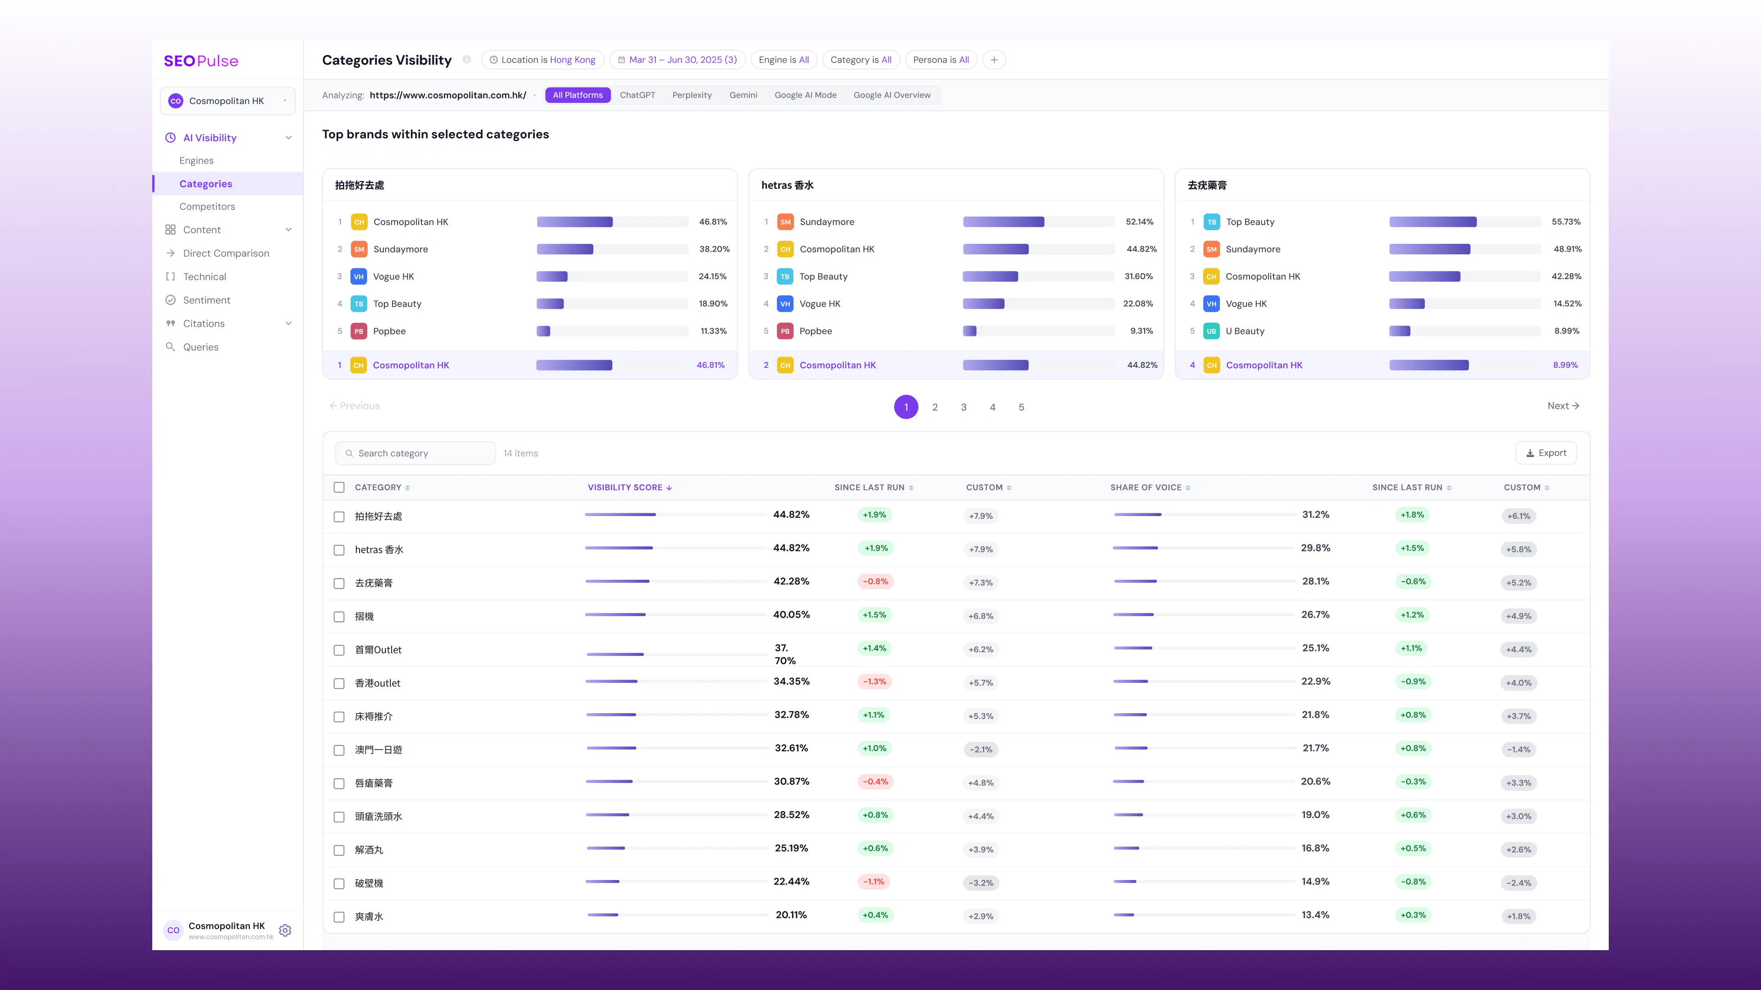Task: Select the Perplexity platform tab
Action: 692,95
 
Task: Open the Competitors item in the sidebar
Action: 207,206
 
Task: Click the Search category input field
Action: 415,453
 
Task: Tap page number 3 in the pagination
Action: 964,407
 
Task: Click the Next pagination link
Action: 1563,406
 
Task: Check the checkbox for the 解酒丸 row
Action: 339,850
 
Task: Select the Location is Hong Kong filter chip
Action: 543,60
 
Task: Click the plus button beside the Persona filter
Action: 994,60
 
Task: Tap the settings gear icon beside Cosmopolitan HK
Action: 286,930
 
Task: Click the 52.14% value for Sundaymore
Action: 1140,222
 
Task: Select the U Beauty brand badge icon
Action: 1211,331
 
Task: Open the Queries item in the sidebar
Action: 201,347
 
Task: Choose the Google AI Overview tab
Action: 892,95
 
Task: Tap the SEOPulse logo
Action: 201,61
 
